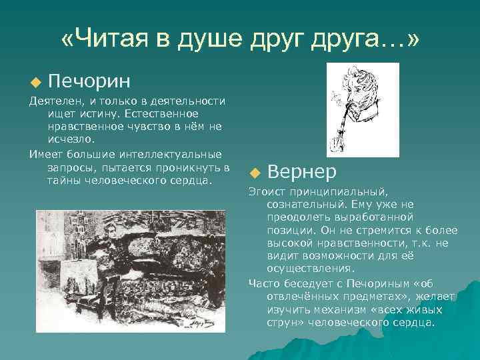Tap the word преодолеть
[298, 217]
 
